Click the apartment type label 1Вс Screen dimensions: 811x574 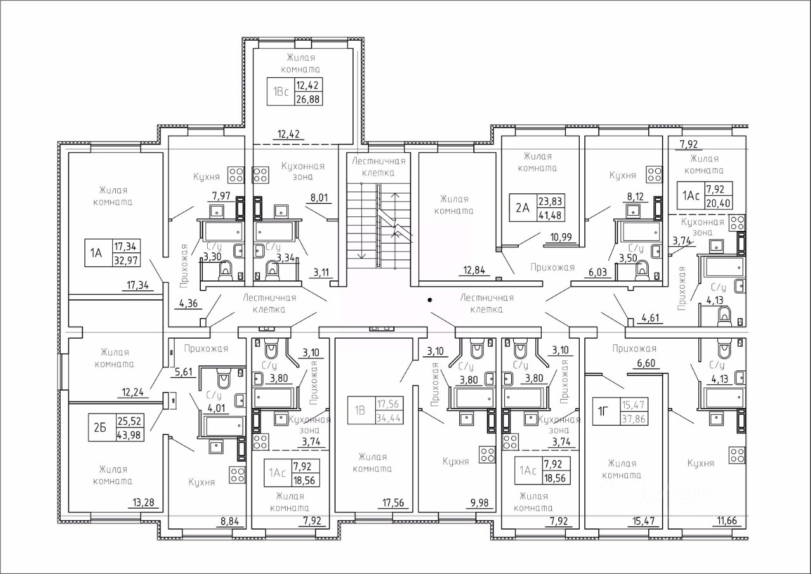point(281,92)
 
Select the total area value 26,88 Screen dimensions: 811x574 point(309,99)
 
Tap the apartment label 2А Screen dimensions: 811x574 point(523,207)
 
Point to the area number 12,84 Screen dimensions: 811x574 point(474,270)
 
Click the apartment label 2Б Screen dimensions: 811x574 point(100,427)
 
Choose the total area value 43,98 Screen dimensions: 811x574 point(129,434)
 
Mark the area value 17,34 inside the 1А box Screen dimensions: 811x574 point(125,247)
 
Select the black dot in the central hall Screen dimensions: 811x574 point(430,299)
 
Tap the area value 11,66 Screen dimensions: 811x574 point(727,521)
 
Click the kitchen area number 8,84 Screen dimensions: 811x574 point(229,522)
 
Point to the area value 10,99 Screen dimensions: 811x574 point(561,237)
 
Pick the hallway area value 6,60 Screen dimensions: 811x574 point(646,363)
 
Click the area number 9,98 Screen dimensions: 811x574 point(480,502)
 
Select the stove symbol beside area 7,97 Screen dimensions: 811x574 point(236,174)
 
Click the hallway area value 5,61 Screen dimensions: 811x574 point(184,372)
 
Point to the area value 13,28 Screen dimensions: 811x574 point(143,502)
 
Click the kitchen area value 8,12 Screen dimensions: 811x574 point(635,197)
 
